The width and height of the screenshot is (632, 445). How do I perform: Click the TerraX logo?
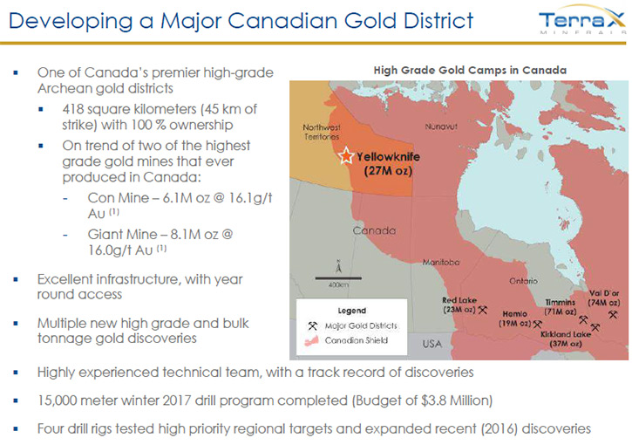tap(582, 21)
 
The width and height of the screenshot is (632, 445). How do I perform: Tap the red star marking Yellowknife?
tap(346, 155)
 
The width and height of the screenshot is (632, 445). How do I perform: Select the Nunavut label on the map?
tap(441, 127)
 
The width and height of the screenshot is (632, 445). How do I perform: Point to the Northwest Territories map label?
tap(322, 132)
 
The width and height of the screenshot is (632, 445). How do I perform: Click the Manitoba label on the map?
tap(440, 263)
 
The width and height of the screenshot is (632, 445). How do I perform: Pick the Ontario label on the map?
tap(523, 281)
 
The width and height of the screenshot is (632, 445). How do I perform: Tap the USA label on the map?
tap(432, 344)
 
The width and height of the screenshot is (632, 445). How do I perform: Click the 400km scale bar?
tap(338, 278)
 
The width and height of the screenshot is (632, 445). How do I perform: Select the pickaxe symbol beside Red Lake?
tap(482, 310)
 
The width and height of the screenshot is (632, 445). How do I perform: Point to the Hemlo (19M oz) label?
tap(515, 318)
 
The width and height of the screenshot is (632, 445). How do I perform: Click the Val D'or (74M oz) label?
tap(603, 298)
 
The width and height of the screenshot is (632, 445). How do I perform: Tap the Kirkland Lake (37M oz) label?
tap(566, 339)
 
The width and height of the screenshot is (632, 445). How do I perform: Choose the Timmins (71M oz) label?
tap(561, 306)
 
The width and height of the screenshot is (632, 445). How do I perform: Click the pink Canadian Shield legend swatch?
tap(311, 341)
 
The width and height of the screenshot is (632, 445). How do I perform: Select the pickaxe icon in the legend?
tap(312, 325)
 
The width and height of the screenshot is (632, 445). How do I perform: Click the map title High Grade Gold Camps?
tap(470, 70)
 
